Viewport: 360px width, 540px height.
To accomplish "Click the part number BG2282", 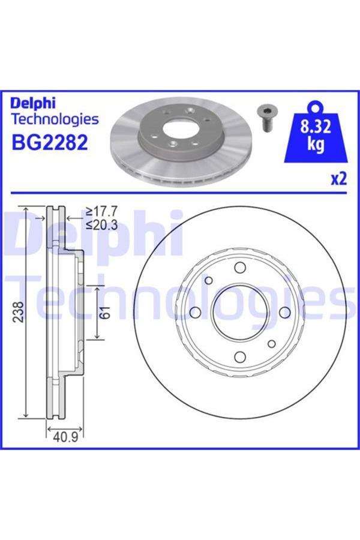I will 50,143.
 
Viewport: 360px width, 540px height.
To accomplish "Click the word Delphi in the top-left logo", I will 35,103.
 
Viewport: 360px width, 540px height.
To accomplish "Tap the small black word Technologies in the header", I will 55,119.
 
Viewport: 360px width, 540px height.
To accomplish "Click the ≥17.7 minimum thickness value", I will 102,211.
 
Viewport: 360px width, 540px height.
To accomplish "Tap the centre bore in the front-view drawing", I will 239,312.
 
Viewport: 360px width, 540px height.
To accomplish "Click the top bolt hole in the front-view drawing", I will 240,268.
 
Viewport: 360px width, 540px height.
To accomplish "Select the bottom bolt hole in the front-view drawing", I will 239,357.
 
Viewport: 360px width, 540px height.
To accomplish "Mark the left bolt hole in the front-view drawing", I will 194,313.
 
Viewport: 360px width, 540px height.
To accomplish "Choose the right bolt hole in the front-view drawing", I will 284,311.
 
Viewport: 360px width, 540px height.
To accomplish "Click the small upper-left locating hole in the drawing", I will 209,280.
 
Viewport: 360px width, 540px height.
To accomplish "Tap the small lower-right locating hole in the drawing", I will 271,344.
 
